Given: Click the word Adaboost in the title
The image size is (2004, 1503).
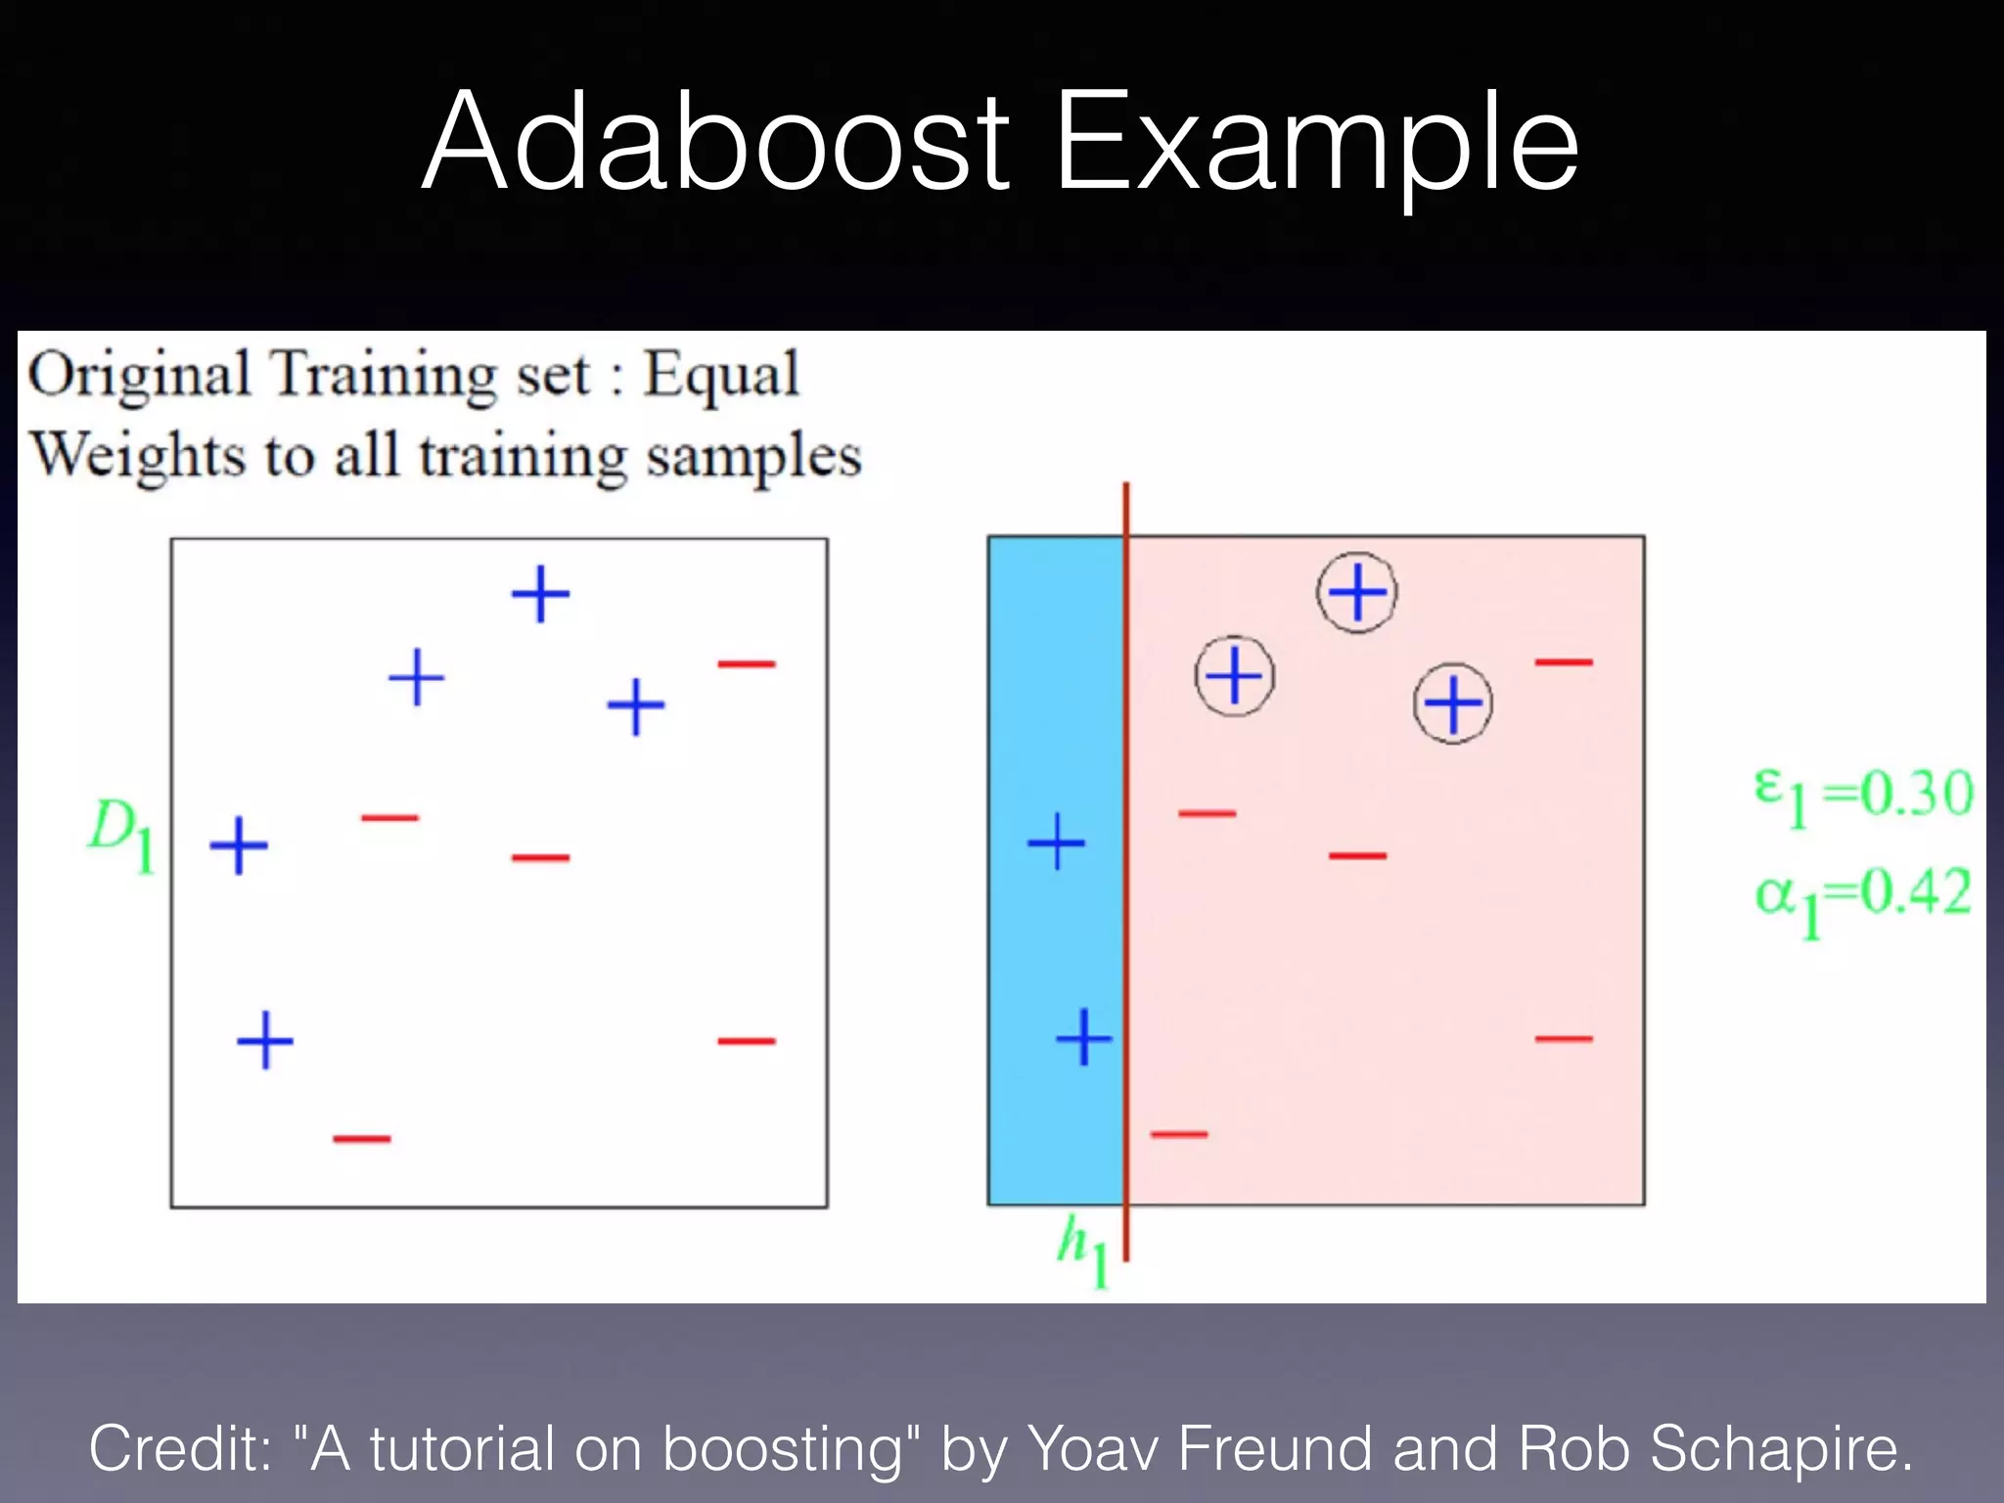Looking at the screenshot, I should point(714,142).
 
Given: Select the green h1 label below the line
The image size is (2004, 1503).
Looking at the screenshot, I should point(1082,1252).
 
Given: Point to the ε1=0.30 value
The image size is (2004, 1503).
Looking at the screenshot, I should point(1863,795).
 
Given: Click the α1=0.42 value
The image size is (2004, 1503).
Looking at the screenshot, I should point(1863,896).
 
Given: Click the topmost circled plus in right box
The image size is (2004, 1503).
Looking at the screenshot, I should point(1357,592).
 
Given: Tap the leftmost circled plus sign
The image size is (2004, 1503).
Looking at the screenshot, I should point(1235,676).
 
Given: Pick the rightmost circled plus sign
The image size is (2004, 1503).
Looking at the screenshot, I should point(1453,704).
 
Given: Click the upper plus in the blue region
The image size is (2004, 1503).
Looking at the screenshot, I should point(1056,842).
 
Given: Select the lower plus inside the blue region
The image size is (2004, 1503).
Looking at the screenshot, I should point(1083,1037).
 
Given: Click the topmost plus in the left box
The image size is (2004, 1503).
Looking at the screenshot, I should point(540,594).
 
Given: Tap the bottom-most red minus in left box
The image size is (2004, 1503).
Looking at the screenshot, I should point(361,1139).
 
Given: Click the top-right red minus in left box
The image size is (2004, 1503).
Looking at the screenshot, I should point(747,664).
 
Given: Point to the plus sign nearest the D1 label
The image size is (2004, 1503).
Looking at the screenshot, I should point(239,846).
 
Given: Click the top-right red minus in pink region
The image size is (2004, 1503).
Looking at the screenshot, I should point(1564,662).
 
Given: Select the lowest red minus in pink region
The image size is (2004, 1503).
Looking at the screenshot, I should point(1179,1135).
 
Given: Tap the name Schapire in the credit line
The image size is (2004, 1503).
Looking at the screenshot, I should point(1780,1448).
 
